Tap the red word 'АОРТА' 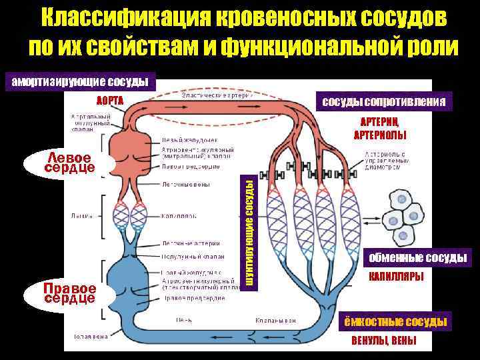point(110,101)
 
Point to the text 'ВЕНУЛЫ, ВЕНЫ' point(383,341)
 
